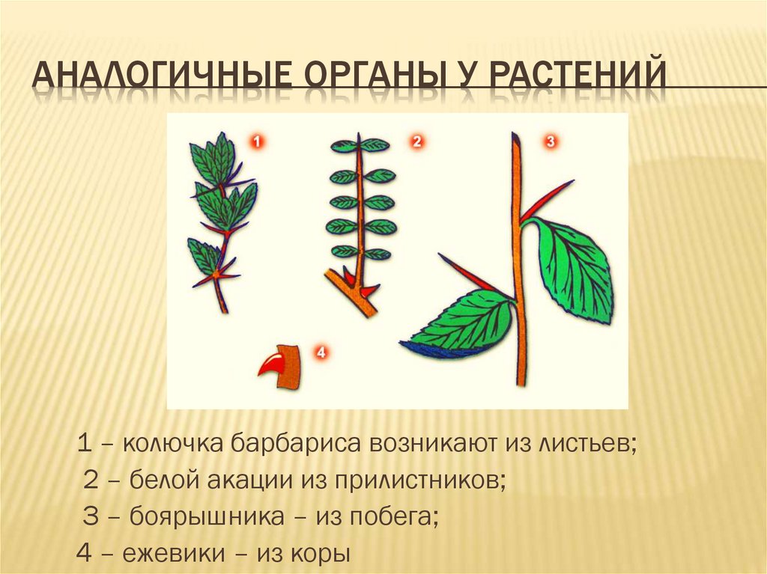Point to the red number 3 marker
point(550,141)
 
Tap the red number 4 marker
point(321,352)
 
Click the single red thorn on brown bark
point(271,367)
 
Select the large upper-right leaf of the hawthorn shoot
point(574,266)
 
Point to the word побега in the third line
point(396,516)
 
